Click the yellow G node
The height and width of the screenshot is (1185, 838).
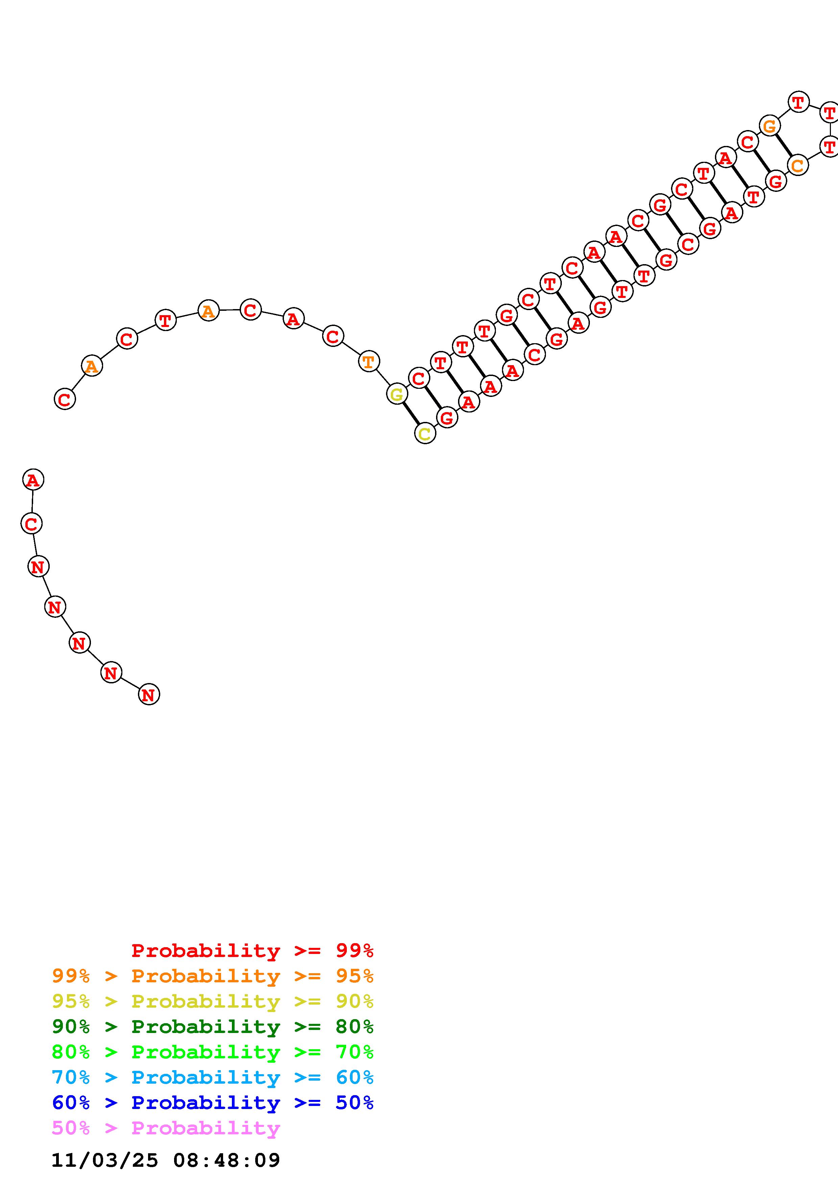point(397,394)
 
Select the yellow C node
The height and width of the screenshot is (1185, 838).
point(425,433)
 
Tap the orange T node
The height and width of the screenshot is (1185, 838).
point(368,361)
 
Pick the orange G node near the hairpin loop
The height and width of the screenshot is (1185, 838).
point(770,125)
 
